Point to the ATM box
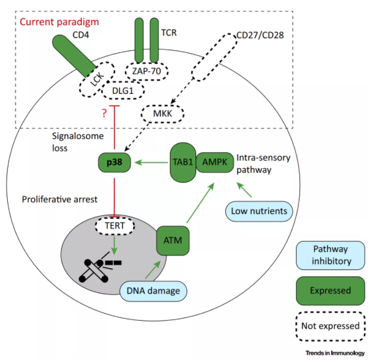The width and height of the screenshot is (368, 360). [173, 240]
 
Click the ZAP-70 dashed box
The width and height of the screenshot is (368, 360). [146, 71]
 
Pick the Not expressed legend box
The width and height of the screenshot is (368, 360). [330, 326]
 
